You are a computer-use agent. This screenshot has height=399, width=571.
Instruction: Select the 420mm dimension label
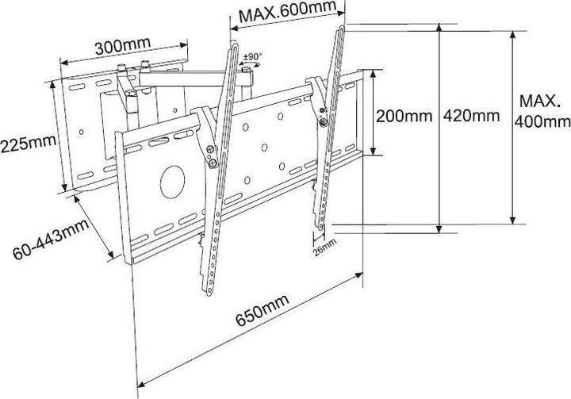pos(473,116)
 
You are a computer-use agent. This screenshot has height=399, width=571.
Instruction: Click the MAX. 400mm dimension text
pos(542,112)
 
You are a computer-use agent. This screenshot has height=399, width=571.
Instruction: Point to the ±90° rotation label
pos(253,58)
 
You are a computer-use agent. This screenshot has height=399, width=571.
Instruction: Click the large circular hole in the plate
pos(173,180)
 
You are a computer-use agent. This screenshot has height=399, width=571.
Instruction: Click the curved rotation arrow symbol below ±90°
pos(253,69)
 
